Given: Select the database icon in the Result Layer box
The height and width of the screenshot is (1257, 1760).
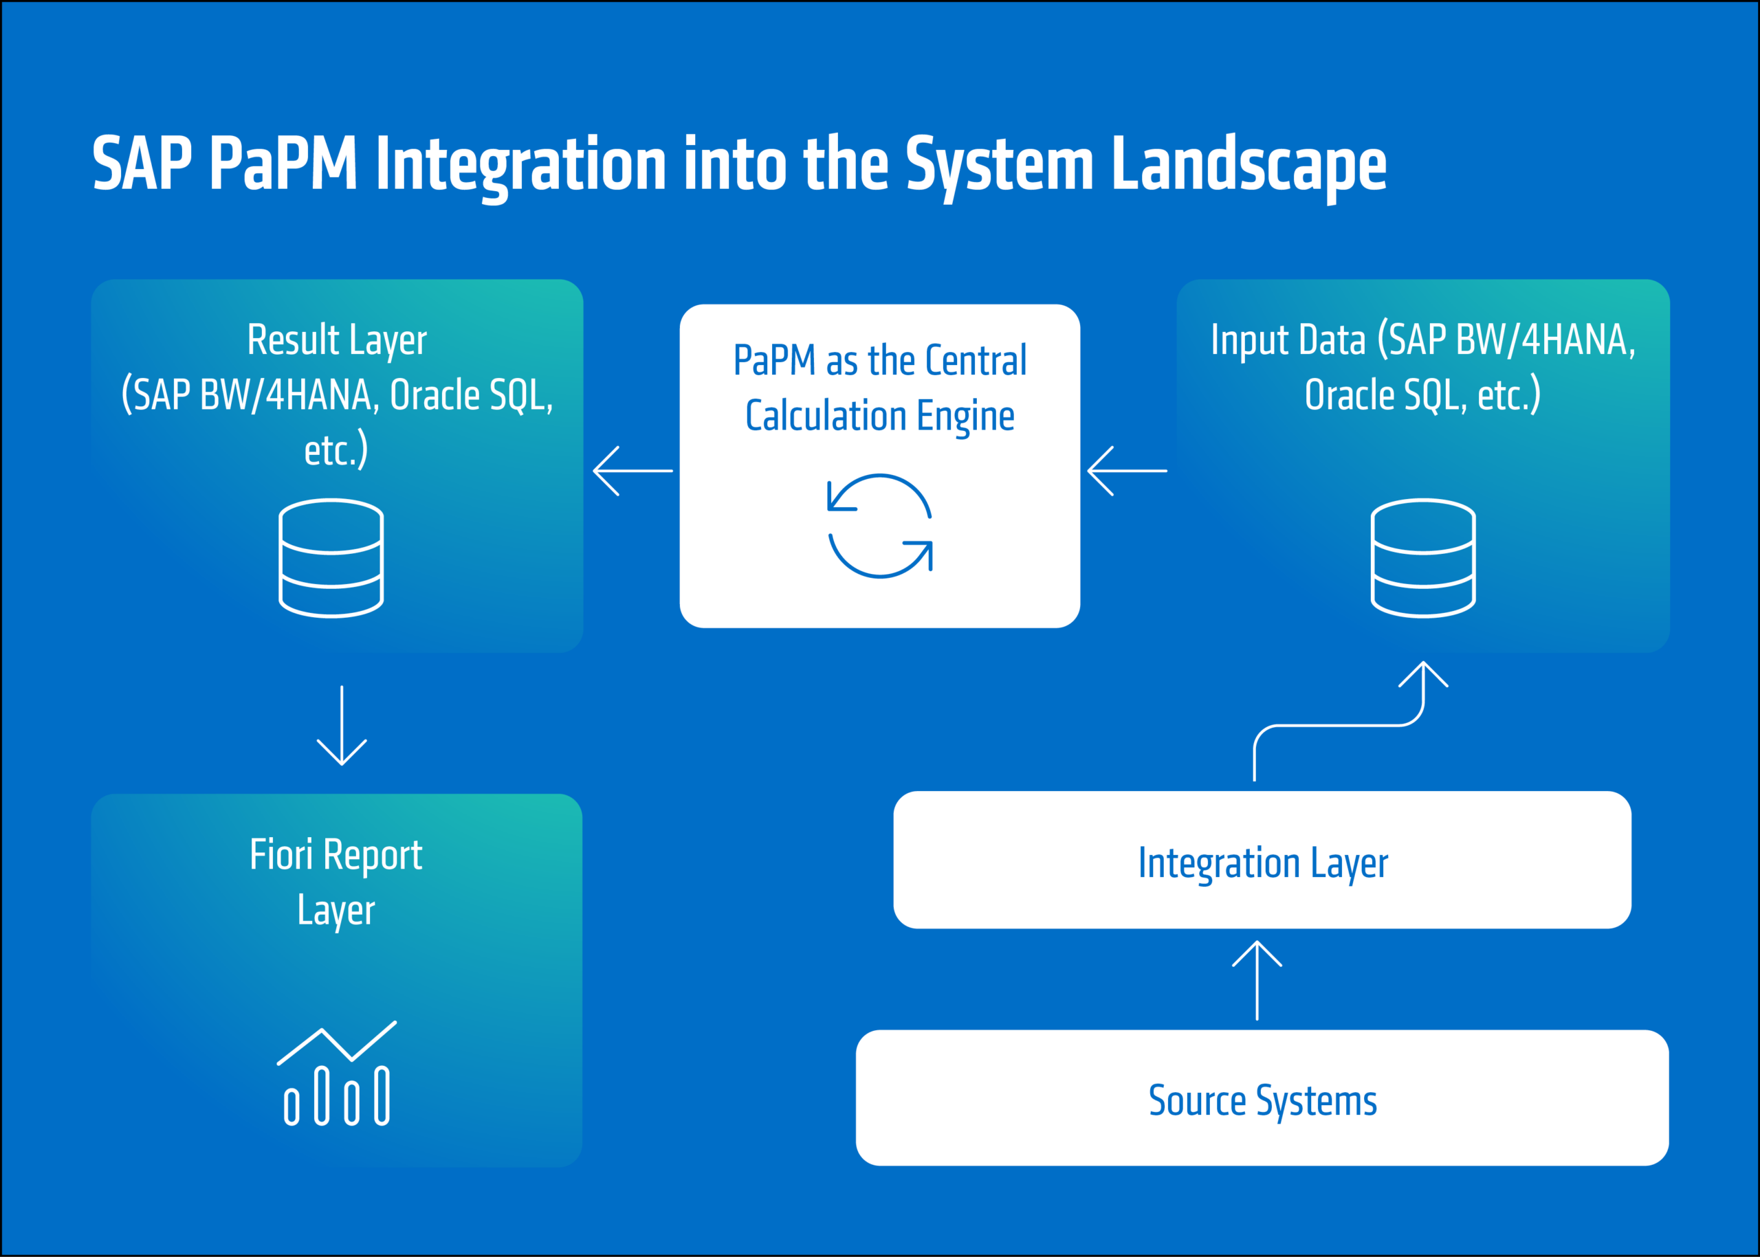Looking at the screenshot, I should [331, 558].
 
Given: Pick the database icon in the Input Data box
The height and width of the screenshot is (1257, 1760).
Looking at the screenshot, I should [1423, 558].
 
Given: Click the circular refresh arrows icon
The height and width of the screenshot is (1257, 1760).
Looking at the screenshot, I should [881, 526].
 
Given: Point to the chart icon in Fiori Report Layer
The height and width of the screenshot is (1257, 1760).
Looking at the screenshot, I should [337, 1074].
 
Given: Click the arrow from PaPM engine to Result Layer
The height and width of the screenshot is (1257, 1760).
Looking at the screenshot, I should [632, 471].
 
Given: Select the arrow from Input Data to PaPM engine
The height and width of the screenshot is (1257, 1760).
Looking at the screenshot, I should [1127, 471].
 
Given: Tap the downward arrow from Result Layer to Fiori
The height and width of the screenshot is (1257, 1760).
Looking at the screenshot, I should [342, 725].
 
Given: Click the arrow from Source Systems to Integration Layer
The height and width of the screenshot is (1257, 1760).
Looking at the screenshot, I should [1257, 980].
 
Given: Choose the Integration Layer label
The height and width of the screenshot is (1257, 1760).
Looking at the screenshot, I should [1263, 863].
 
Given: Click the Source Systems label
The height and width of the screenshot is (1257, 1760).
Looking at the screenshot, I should [1263, 1100].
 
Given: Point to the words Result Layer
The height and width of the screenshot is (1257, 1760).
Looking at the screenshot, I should [337, 340].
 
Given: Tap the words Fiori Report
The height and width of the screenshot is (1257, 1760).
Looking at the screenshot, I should [336, 854].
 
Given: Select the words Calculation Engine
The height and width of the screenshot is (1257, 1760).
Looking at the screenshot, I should [879, 416].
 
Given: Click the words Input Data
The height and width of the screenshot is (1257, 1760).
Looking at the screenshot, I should [1288, 340].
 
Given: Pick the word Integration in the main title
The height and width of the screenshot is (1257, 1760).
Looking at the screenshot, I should [520, 164].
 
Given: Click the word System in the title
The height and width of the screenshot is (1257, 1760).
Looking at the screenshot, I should [999, 164].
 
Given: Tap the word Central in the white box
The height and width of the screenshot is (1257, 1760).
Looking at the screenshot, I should [976, 361].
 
